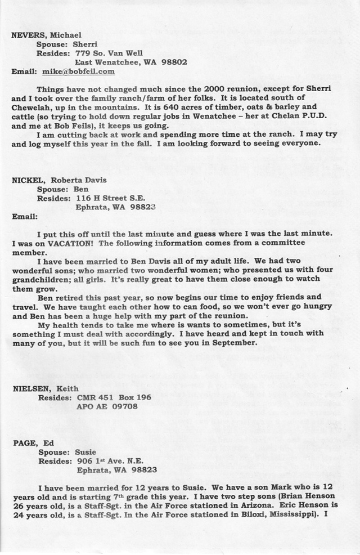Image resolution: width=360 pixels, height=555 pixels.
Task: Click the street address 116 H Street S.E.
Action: [112, 198]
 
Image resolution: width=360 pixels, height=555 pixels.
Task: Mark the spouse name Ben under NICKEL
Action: [82, 189]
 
